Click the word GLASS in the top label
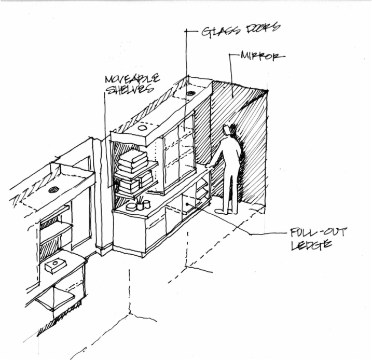pos(215,32)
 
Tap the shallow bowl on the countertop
pos(130,207)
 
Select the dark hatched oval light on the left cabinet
pos(54,190)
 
